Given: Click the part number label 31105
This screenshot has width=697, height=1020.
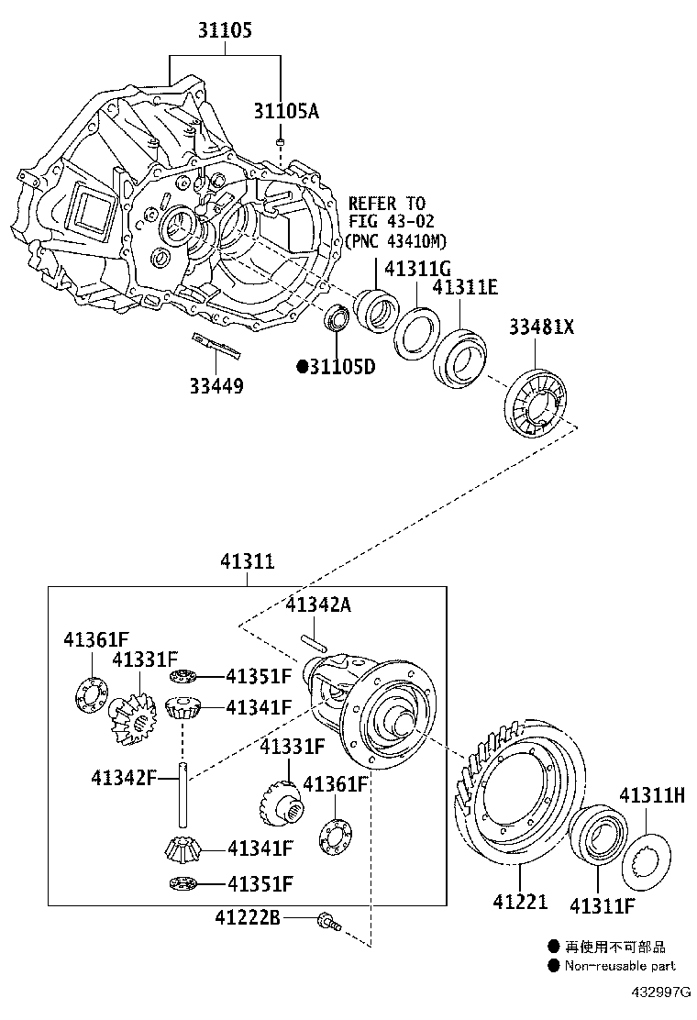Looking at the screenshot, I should tap(224, 31).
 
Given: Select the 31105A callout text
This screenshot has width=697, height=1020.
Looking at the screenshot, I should tap(286, 111).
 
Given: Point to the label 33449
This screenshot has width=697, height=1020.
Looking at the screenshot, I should tap(216, 386).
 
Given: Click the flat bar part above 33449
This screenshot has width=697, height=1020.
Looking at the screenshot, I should tap(214, 346).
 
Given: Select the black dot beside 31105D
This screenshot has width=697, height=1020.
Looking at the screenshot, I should tap(301, 367).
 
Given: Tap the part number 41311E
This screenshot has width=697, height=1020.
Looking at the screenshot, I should tap(465, 288).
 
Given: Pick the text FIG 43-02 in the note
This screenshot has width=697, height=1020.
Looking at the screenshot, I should tap(390, 222).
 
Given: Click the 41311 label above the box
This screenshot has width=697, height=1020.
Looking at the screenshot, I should tap(247, 562).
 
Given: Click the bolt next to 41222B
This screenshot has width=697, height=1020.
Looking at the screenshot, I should tap(326, 920).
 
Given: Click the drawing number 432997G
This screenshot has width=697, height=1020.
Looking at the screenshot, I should tap(661, 993).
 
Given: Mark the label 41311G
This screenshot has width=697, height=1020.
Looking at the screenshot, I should tap(417, 270).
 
